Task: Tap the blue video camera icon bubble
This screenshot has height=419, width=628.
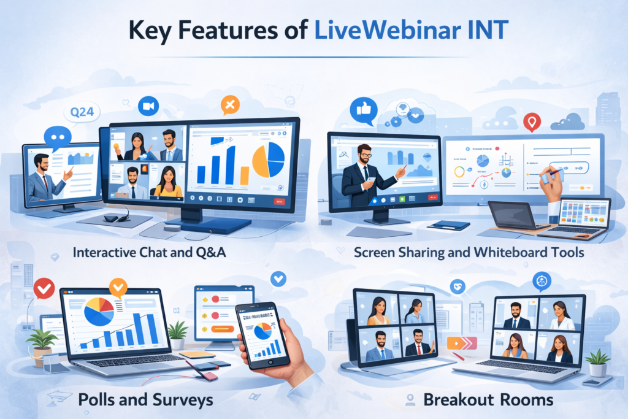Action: pyautogui.click(x=148, y=106)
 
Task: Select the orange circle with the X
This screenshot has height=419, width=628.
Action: pyautogui.click(x=231, y=106)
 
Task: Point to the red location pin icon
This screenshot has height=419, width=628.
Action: pyautogui.click(x=532, y=122)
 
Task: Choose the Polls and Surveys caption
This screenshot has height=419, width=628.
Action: pyautogui.click(x=145, y=400)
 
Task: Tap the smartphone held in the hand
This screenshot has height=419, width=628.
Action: pyautogui.click(x=262, y=334)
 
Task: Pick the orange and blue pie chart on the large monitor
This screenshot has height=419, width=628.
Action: pyautogui.click(x=269, y=160)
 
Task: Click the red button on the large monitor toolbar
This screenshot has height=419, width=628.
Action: pyautogui.click(x=280, y=201)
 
